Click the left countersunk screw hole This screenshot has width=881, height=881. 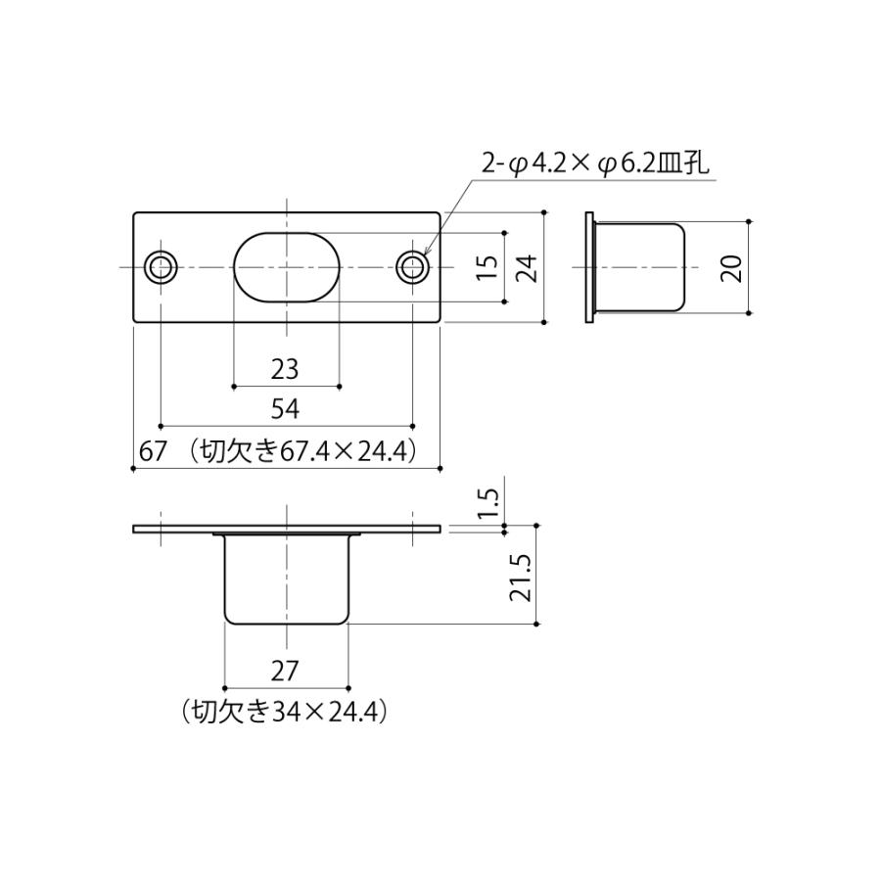click(161, 266)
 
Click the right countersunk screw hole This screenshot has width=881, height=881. click(413, 266)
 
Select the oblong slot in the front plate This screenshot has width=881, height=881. click(287, 266)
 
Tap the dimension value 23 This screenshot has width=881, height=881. click(285, 369)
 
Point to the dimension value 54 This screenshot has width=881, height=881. click(285, 409)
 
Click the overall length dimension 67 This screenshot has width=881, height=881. click(151, 451)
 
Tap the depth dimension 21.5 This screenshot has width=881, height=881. click(522, 577)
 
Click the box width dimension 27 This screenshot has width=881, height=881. click(285, 672)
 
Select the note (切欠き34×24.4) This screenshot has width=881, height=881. click(285, 711)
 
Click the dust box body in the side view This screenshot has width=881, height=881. click(641, 266)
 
